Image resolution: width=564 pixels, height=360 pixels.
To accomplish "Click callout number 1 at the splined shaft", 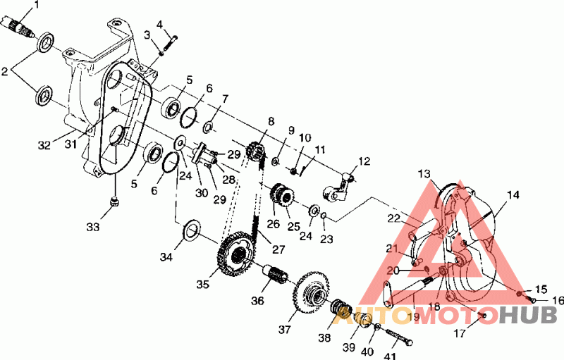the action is (36, 5).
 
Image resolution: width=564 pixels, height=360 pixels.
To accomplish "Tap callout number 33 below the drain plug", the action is (93, 227).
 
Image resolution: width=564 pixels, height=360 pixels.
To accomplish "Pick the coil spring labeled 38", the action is (341, 309).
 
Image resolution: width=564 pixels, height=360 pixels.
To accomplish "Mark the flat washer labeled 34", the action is (192, 230).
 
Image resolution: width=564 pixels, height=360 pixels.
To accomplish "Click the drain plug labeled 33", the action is (115, 201).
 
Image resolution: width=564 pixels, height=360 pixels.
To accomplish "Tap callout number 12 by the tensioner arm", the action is (364, 161).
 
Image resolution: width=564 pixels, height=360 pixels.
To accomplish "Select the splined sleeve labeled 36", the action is (275, 275).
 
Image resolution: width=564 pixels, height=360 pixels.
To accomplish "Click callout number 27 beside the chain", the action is (278, 249).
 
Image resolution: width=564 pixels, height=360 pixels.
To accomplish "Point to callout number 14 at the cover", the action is (513, 195).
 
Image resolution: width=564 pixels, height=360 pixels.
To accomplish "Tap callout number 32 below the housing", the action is (44, 146).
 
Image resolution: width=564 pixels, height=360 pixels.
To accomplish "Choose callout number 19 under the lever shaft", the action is (414, 316).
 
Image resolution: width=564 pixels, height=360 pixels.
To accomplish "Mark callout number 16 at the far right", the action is (557, 300).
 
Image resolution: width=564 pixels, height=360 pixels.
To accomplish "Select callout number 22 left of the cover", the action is (394, 218).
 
